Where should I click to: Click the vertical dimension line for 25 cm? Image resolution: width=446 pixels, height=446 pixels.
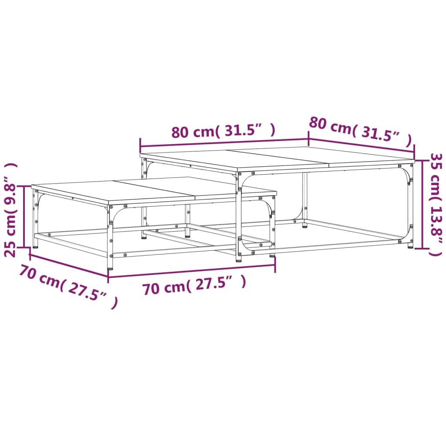(24, 216)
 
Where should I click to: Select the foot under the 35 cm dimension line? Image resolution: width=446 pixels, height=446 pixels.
(410, 246)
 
